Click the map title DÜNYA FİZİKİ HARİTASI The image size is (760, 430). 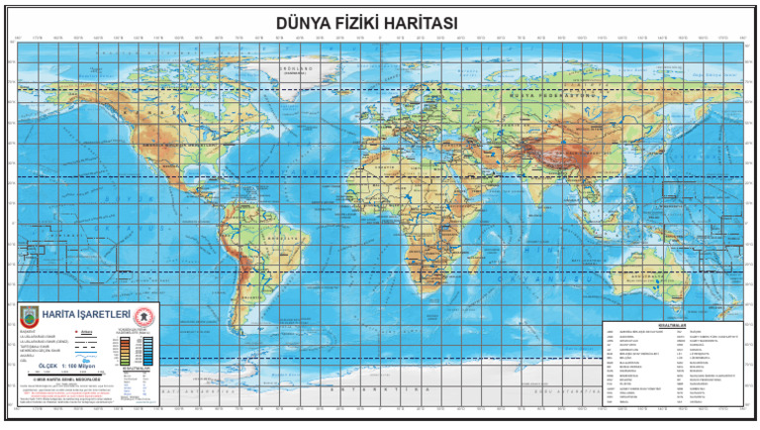point(379,22)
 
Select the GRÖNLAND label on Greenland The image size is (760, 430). point(295,69)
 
